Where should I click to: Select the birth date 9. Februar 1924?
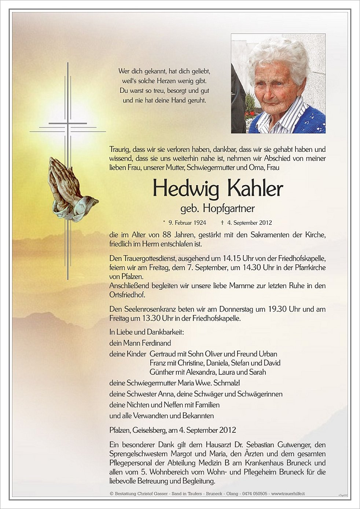pyautogui.click(x=187, y=223)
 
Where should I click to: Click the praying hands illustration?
pyautogui.click(x=71, y=189)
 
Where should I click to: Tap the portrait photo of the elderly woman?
pyautogui.click(x=278, y=83)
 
